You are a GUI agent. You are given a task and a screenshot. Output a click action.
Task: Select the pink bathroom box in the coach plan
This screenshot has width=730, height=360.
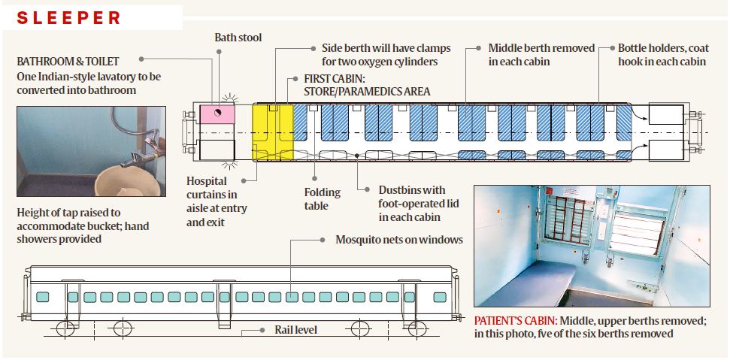217,114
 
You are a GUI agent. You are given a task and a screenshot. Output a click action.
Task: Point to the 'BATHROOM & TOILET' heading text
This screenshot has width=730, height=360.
68,61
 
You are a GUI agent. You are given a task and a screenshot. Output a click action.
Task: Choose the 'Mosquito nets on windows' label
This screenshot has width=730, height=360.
398,240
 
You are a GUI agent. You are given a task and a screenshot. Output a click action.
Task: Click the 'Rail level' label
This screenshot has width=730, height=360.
295,329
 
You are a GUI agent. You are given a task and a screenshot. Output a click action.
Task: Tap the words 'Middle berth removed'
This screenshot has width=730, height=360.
541,47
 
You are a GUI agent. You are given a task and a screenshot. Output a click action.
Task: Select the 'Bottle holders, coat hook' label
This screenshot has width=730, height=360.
663,47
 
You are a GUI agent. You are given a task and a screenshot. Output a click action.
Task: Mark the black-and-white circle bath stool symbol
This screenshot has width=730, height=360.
217,113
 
